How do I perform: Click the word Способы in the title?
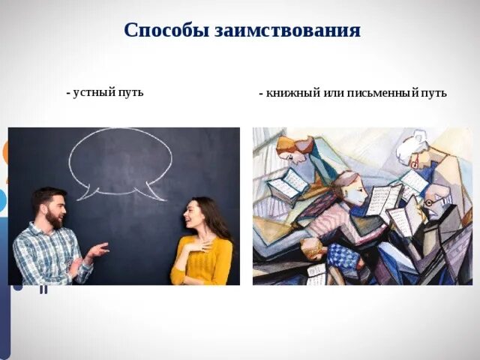click(166, 31)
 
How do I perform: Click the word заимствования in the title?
click(287, 31)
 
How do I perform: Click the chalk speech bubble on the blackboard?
click(120, 161)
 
